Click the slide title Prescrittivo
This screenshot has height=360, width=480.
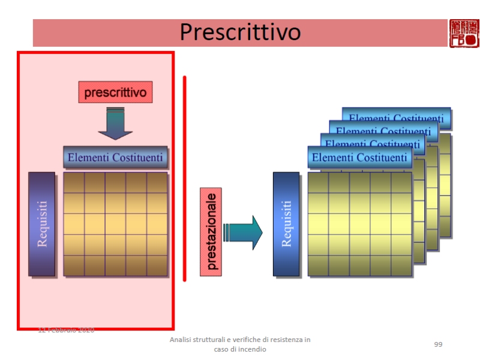240,32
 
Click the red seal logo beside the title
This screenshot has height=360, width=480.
464,32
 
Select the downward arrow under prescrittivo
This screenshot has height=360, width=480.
115,124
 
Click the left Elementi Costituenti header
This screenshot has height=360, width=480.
115,158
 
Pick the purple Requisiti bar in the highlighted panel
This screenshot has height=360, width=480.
41,224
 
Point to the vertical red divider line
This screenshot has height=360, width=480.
185,178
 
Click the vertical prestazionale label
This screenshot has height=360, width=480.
211,232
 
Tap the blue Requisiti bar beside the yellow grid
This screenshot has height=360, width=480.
286,224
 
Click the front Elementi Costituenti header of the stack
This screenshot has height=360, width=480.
359,158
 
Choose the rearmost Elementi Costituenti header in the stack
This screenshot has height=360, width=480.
396,118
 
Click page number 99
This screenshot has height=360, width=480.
438,344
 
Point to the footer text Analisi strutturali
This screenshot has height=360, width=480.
240,340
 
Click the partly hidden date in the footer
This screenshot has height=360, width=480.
66,330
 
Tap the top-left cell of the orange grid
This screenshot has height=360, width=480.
74,182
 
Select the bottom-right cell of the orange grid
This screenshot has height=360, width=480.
157,265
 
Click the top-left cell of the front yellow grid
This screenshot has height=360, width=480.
318,182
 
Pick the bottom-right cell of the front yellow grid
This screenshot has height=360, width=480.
401,265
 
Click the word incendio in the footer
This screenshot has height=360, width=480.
252,349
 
